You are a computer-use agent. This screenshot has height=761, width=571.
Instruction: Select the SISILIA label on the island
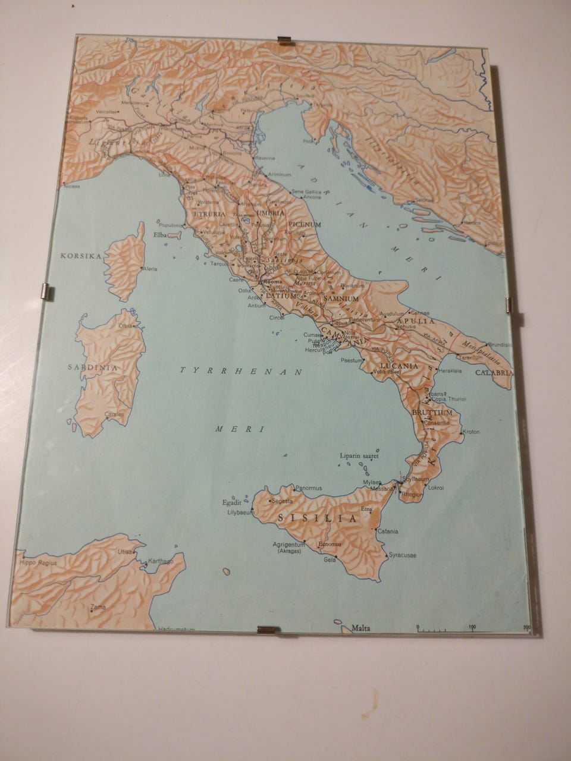coord(317,518)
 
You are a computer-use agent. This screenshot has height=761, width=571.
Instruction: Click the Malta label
coord(361,627)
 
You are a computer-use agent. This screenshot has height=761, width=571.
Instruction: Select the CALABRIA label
coord(493,373)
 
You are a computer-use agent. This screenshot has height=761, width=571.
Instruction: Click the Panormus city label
coord(308,488)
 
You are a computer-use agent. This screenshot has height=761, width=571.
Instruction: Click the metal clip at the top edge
coord(287,40)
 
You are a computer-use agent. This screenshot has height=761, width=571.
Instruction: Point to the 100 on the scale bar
coord(472,627)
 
